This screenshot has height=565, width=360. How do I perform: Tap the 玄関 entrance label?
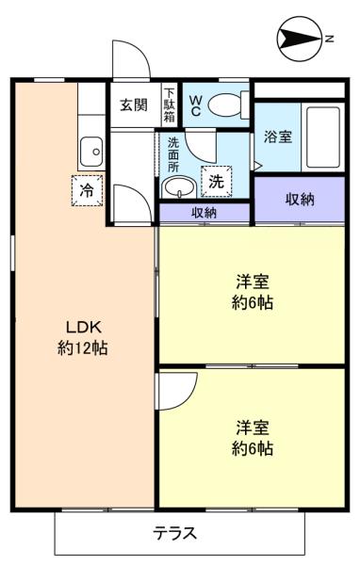(132, 105)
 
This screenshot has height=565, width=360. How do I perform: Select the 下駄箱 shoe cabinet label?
(169, 105)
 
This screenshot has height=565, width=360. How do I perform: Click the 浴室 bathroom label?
(278, 137)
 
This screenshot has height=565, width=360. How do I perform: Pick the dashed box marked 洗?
(216, 180)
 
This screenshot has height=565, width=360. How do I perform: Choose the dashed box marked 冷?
(87, 189)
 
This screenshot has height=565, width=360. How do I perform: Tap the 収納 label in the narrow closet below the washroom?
(205, 213)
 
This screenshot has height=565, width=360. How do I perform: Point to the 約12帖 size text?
(83, 347)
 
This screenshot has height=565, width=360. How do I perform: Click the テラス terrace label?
(175, 534)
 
